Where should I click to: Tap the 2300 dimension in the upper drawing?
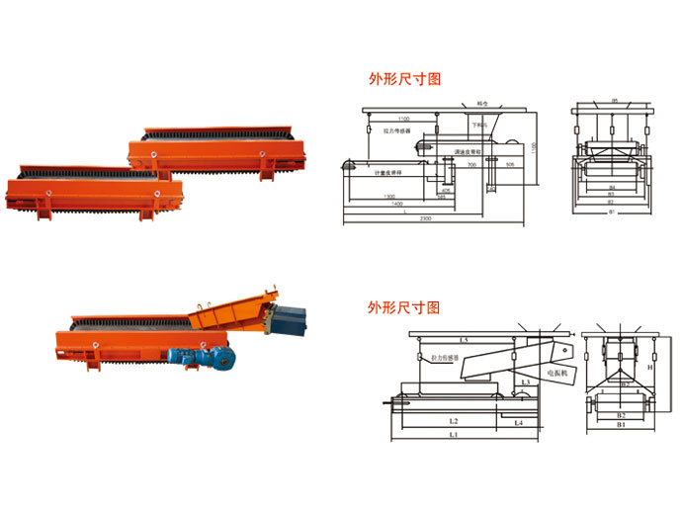(423, 216)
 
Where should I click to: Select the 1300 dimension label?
(391, 196)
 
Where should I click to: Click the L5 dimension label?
(464, 339)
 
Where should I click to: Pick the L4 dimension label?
(519, 421)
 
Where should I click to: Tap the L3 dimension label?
(527, 380)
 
